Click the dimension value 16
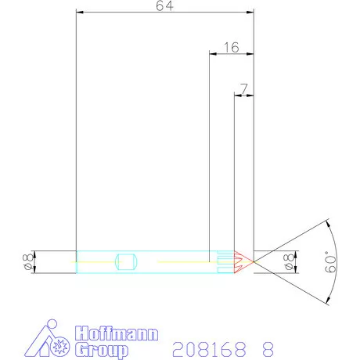click(x=231, y=48)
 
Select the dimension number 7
click(x=245, y=88)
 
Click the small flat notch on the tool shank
click(x=126, y=261)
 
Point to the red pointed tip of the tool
click(x=247, y=261)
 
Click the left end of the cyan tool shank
click(x=77, y=261)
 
